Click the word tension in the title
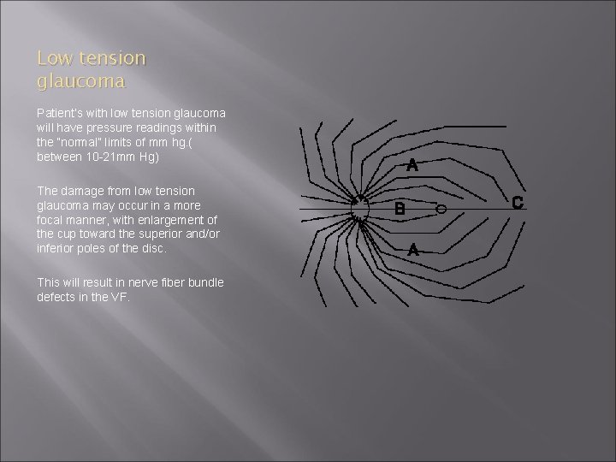[x=109, y=59]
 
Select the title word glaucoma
[x=81, y=82]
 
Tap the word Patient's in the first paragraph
[x=57, y=112]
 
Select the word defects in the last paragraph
[x=56, y=297]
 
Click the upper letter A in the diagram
[x=412, y=165]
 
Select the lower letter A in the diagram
[x=413, y=251]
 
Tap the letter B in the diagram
[x=399, y=208]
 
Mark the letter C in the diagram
[x=517, y=203]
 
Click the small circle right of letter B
[x=441, y=209]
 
